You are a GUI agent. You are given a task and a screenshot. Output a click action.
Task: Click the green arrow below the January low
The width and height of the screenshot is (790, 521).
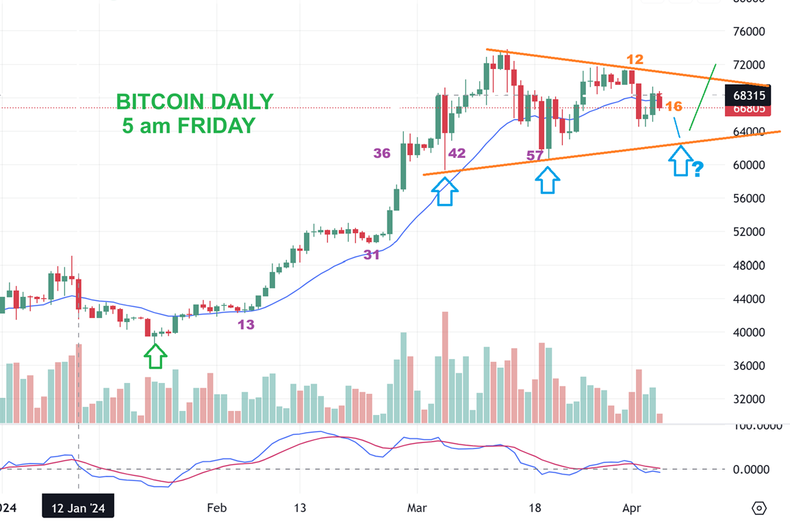(x=155, y=356)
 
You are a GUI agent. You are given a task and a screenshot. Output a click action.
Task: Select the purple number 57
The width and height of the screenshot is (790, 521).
(x=535, y=156)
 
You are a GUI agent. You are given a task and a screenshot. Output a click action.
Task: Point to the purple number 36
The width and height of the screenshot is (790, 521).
(x=382, y=153)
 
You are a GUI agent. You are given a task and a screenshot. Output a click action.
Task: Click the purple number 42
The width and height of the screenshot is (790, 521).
(x=457, y=153)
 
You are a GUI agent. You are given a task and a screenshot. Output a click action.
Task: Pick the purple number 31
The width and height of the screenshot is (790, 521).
(x=372, y=254)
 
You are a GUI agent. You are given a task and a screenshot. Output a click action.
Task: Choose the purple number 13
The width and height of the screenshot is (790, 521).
(x=246, y=325)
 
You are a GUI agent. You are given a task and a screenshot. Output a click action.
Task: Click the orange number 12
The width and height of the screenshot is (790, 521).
(x=634, y=59)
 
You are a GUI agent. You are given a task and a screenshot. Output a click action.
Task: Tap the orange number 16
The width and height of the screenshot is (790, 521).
(x=674, y=106)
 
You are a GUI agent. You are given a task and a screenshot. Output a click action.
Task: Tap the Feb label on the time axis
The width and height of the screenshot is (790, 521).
(x=216, y=508)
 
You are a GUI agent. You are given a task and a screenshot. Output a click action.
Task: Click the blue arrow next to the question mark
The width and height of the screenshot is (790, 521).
(x=679, y=162)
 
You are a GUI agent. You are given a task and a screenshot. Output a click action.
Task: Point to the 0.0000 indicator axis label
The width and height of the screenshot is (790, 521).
(x=752, y=469)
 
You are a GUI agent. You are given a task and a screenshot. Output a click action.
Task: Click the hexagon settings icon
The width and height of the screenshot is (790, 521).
(x=759, y=508)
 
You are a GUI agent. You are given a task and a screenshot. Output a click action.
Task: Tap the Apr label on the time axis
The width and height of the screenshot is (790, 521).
(x=630, y=508)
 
